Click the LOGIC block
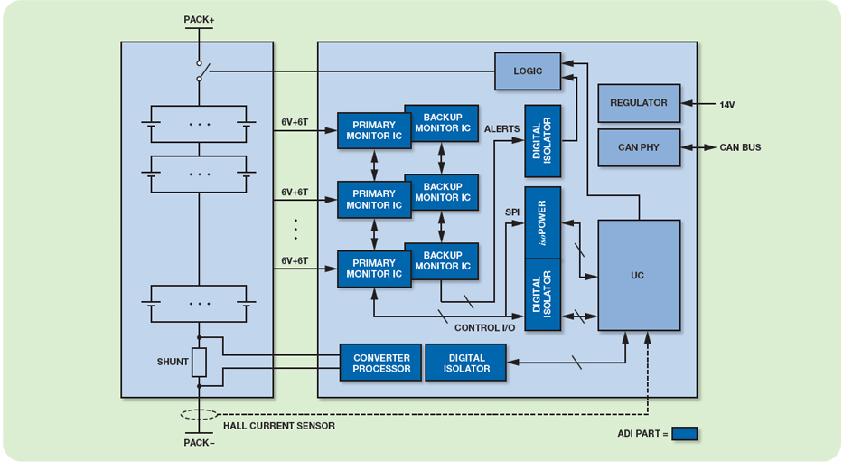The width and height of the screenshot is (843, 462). click(x=528, y=71)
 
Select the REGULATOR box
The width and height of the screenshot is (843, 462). click(x=639, y=103)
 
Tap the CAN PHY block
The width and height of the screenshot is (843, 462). click(x=639, y=147)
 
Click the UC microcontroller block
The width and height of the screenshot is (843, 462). click(x=639, y=275)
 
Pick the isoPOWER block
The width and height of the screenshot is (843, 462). click(x=542, y=222)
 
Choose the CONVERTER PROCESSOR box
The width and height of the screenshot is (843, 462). click(x=380, y=363)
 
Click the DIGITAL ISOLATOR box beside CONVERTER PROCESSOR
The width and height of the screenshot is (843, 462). click(x=466, y=363)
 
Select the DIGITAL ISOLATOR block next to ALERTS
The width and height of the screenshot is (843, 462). click(x=542, y=141)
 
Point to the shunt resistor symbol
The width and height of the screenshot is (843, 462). click(x=199, y=363)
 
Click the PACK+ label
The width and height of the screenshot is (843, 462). click(x=198, y=17)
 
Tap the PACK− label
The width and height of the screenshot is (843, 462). click(x=199, y=443)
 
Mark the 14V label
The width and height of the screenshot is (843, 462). click(x=727, y=105)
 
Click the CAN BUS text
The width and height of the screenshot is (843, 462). click(x=740, y=147)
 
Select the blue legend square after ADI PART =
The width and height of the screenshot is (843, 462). click(x=684, y=434)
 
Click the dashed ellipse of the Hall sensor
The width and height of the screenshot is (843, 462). click(x=199, y=415)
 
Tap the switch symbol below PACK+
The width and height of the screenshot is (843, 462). click(x=202, y=71)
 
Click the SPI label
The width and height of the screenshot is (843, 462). click(x=512, y=212)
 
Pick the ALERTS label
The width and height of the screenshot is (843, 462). click(x=502, y=129)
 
